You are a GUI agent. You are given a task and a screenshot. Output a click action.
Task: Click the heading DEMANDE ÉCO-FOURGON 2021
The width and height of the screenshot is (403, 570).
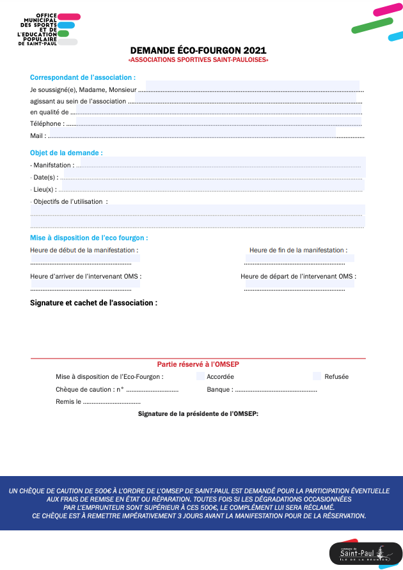tap(198, 50)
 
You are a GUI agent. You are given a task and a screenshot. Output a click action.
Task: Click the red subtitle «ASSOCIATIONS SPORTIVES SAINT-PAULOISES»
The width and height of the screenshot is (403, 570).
tap(198, 60)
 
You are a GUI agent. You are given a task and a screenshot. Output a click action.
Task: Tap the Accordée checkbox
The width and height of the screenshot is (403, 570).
tap(200, 376)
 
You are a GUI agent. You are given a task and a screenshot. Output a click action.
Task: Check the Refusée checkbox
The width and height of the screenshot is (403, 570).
tap(317, 376)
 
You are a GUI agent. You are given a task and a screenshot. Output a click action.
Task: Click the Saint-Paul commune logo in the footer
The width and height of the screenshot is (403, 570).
tap(362, 552)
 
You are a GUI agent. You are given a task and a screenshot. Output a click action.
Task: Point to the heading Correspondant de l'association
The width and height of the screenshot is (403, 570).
tap(83, 77)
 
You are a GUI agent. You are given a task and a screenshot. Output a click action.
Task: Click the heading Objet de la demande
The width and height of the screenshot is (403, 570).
tap(66, 153)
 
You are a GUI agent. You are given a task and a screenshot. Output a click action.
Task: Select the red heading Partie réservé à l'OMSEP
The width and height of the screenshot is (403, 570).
tap(198, 364)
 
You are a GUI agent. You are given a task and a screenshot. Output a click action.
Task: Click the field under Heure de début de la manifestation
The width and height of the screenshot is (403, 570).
tap(85, 259)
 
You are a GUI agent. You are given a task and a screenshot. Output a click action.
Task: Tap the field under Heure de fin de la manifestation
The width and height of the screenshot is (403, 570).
tap(299, 259)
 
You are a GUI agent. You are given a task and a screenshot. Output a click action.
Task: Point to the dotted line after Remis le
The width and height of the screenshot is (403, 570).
tap(111, 402)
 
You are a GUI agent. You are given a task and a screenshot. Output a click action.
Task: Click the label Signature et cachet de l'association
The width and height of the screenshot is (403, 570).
tap(93, 302)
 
